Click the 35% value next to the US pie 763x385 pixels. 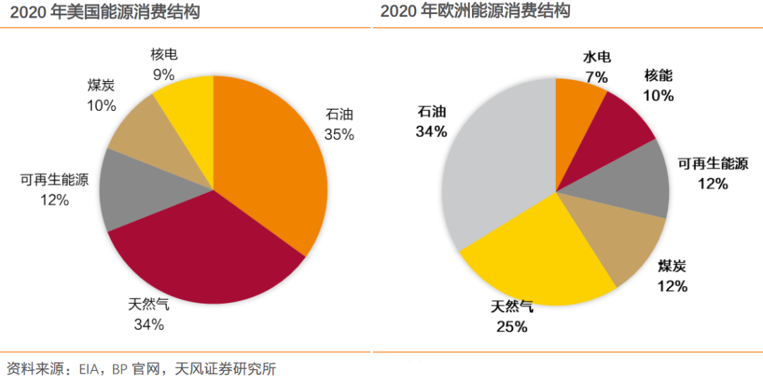click(338, 134)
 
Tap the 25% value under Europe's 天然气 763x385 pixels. click(511, 326)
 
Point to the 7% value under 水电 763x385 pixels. click(596, 77)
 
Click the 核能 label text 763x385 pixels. click(658, 75)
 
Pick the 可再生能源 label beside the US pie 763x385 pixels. click(54, 180)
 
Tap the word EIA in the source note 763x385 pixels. click(90, 369)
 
